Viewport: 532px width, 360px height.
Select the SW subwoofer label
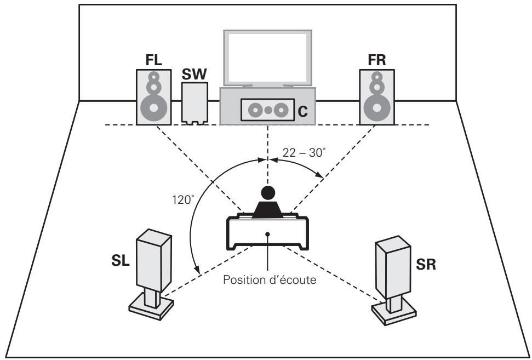click(194, 74)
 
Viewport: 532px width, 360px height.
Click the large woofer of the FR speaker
click(376, 106)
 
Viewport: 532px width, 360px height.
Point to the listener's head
click(267, 193)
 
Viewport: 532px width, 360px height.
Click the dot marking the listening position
click(267, 234)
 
